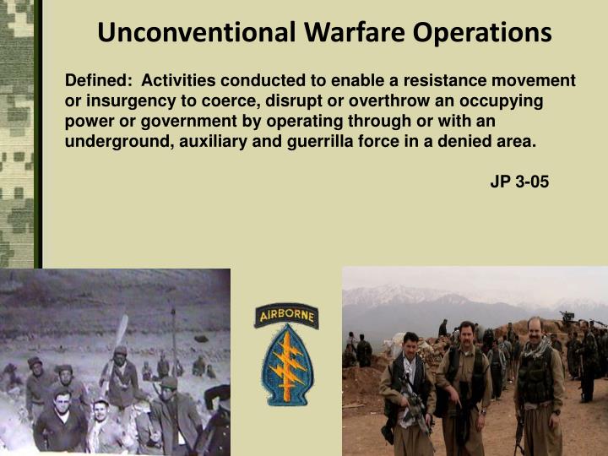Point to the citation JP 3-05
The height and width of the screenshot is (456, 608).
click(x=519, y=181)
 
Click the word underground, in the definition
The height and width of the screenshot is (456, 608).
click(x=117, y=140)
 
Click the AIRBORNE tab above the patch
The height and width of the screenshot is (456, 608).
click(x=286, y=317)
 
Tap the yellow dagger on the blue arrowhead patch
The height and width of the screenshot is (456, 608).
click(x=286, y=366)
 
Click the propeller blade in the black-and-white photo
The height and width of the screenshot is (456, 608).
click(x=118, y=334)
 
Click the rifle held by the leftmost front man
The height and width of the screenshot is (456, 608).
click(x=415, y=405)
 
